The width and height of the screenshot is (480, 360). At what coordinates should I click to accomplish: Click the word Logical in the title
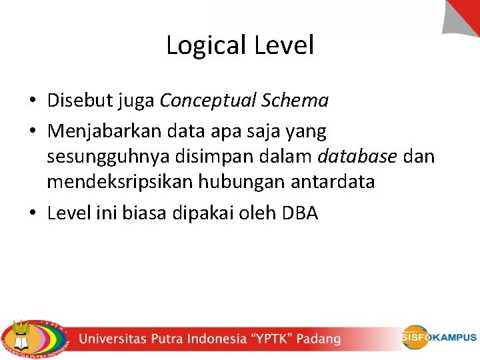(207, 46)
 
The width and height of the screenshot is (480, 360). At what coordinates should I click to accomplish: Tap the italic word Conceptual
(209, 101)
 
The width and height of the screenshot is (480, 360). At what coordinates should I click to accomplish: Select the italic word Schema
(296, 101)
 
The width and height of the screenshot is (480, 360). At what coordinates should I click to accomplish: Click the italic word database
(358, 157)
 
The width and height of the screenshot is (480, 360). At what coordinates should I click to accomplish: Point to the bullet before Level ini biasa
(32, 214)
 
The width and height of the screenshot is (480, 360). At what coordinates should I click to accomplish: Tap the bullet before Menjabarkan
(32, 133)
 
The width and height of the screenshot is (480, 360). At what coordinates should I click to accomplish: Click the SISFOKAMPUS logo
(438, 337)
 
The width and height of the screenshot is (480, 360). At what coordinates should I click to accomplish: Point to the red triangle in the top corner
(466, 13)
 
